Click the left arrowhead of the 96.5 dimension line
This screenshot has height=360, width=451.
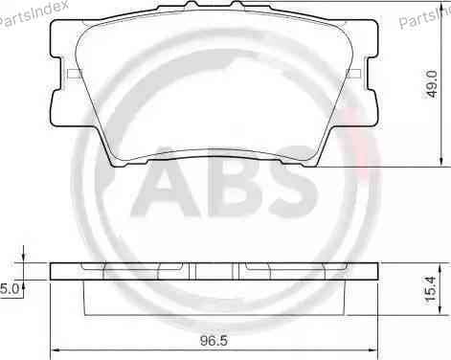click(54, 348)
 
